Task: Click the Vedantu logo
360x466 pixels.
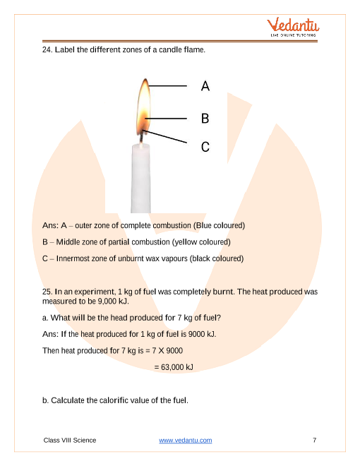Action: [x=293, y=27]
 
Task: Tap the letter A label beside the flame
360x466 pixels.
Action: [x=205, y=86]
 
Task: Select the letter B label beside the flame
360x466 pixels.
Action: [x=205, y=119]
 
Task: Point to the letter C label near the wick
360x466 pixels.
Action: [x=205, y=147]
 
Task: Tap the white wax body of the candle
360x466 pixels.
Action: [x=140, y=178]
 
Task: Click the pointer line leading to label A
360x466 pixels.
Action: [x=167, y=86]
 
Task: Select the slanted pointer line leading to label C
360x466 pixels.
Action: [x=164, y=136]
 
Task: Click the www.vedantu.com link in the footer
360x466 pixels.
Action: [x=186, y=440]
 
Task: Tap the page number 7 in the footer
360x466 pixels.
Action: [x=315, y=440]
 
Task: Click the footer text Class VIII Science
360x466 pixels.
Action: [x=70, y=440]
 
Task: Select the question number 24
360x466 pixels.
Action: [x=47, y=49]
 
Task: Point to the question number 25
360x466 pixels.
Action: [x=47, y=292]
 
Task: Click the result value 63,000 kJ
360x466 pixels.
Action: [x=177, y=367]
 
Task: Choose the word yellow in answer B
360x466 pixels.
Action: [x=186, y=242]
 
